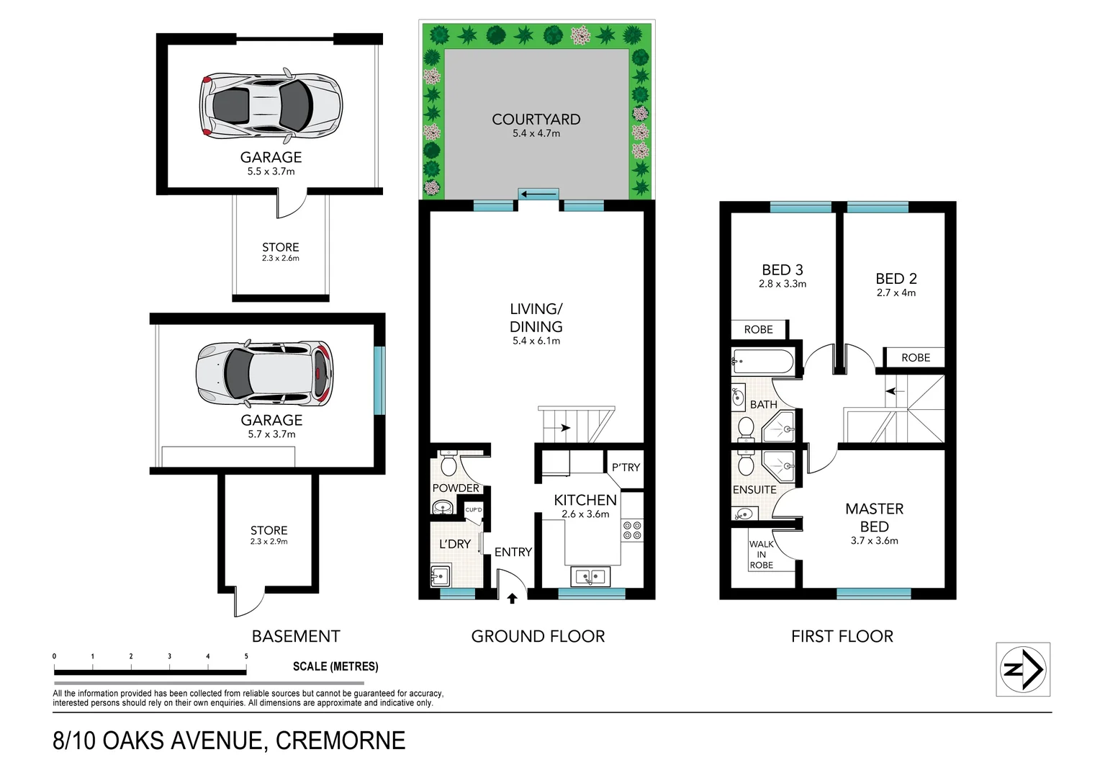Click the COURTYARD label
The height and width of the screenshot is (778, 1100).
pos(536,120)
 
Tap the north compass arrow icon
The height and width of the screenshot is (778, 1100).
pos(1023,669)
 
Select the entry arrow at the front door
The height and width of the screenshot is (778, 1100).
pos(512,598)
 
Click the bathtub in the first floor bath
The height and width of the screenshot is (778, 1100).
pos(762,361)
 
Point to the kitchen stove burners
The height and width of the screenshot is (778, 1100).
pos(632,530)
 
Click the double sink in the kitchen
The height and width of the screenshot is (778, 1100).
pos(590,576)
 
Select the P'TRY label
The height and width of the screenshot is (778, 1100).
pos(626,468)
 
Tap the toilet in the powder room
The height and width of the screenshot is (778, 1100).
pos(448,465)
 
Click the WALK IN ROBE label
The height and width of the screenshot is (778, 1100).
pos(762,555)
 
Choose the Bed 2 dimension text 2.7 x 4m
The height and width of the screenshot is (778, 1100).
pos(896,293)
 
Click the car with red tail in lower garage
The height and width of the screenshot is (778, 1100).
pos(265,374)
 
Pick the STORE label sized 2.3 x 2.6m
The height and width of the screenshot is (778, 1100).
pos(280,247)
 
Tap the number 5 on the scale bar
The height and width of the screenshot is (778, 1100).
pos(246,656)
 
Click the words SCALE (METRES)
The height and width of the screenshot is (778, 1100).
pos(335,666)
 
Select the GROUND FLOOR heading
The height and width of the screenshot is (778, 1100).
pos(538,636)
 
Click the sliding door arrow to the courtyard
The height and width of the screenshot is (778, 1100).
pos(538,194)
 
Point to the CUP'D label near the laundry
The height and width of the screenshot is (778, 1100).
pos(473,510)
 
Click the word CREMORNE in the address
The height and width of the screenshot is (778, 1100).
pos(341,741)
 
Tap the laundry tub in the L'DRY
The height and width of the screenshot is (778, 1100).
pos(439,576)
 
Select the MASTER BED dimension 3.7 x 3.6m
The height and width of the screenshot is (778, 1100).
pos(874,541)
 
